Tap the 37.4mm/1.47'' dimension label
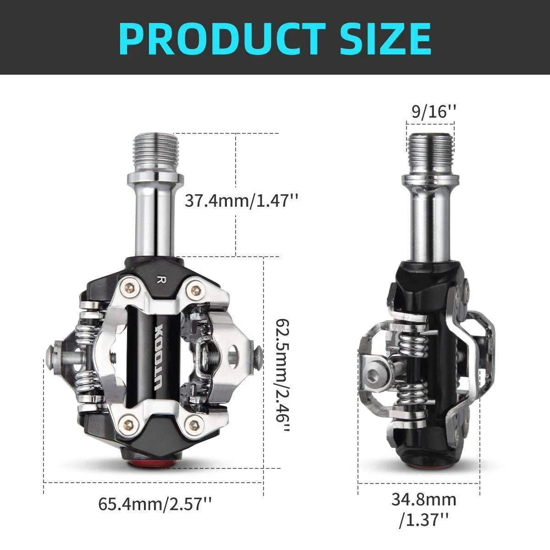241,200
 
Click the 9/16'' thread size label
434,111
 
